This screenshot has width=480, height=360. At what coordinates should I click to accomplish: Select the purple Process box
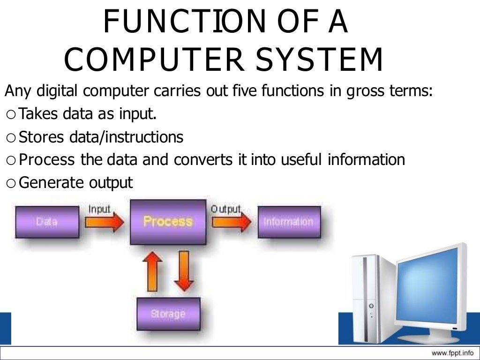tap(168, 222)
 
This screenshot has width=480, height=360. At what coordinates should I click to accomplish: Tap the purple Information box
tap(288, 222)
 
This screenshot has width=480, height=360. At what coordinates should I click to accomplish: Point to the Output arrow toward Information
tap(231, 222)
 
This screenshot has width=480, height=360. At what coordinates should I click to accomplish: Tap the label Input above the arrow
tap(99, 210)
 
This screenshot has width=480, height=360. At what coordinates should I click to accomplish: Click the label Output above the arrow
tap(225, 209)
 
